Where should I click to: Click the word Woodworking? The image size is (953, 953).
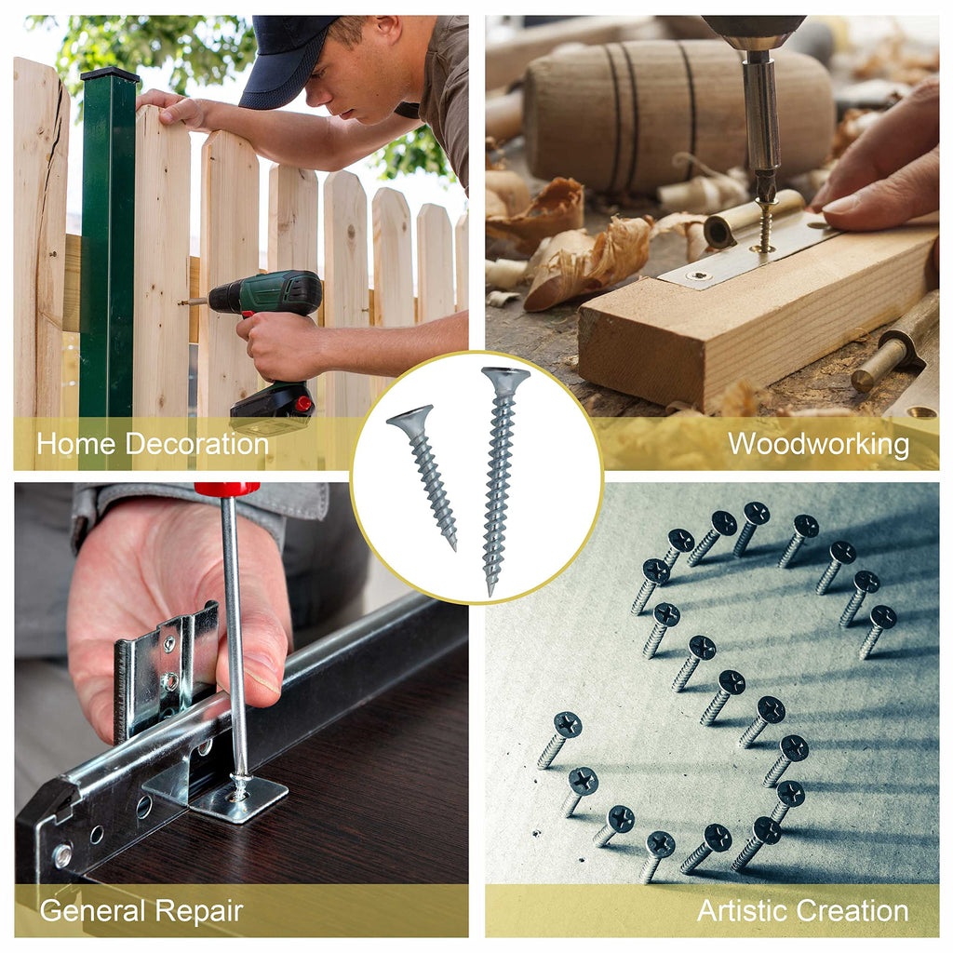coord(818,444)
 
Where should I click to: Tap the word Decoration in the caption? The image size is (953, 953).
coord(196,444)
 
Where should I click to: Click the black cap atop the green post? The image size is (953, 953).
coord(110,74)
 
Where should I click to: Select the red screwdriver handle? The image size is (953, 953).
coord(227,489)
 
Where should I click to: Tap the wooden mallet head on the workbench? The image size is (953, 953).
coord(675,115)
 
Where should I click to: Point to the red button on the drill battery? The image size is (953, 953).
coord(303,403)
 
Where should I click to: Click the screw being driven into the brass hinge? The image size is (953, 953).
coord(764,226)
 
